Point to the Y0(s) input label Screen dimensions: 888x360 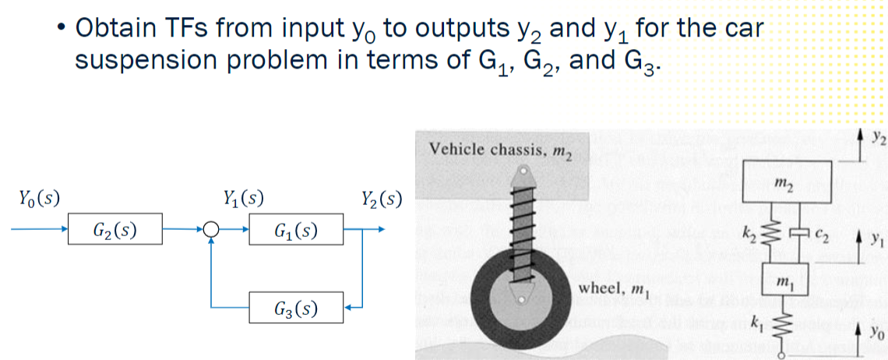coord(35,198)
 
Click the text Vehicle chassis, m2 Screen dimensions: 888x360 coord(499,148)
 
